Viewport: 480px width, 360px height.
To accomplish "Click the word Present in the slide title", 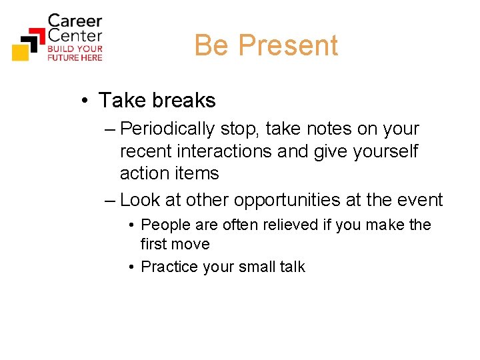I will click(288, 45).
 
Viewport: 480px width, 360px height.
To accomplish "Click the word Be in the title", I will click(211, 45).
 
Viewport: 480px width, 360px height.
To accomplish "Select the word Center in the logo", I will click(75, 35).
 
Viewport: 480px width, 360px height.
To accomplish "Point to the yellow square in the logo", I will click(21, 51).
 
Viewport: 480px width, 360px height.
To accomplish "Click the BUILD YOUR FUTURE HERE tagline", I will click(75, 53).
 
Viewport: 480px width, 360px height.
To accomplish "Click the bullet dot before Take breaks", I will click(86, 101).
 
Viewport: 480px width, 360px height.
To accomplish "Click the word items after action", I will click(196, 173).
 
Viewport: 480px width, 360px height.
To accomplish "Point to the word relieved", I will click(285, 225).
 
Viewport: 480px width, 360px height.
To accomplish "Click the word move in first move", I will click(193, 244).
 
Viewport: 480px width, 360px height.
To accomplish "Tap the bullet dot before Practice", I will click(133, 267).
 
